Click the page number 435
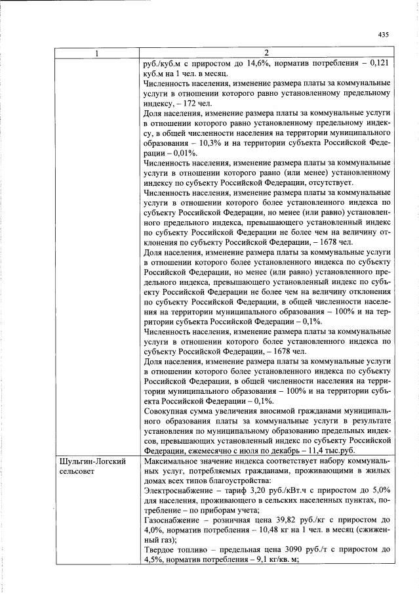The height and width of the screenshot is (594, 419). coord(384,35)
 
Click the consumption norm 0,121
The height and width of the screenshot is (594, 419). coord(379,64)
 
